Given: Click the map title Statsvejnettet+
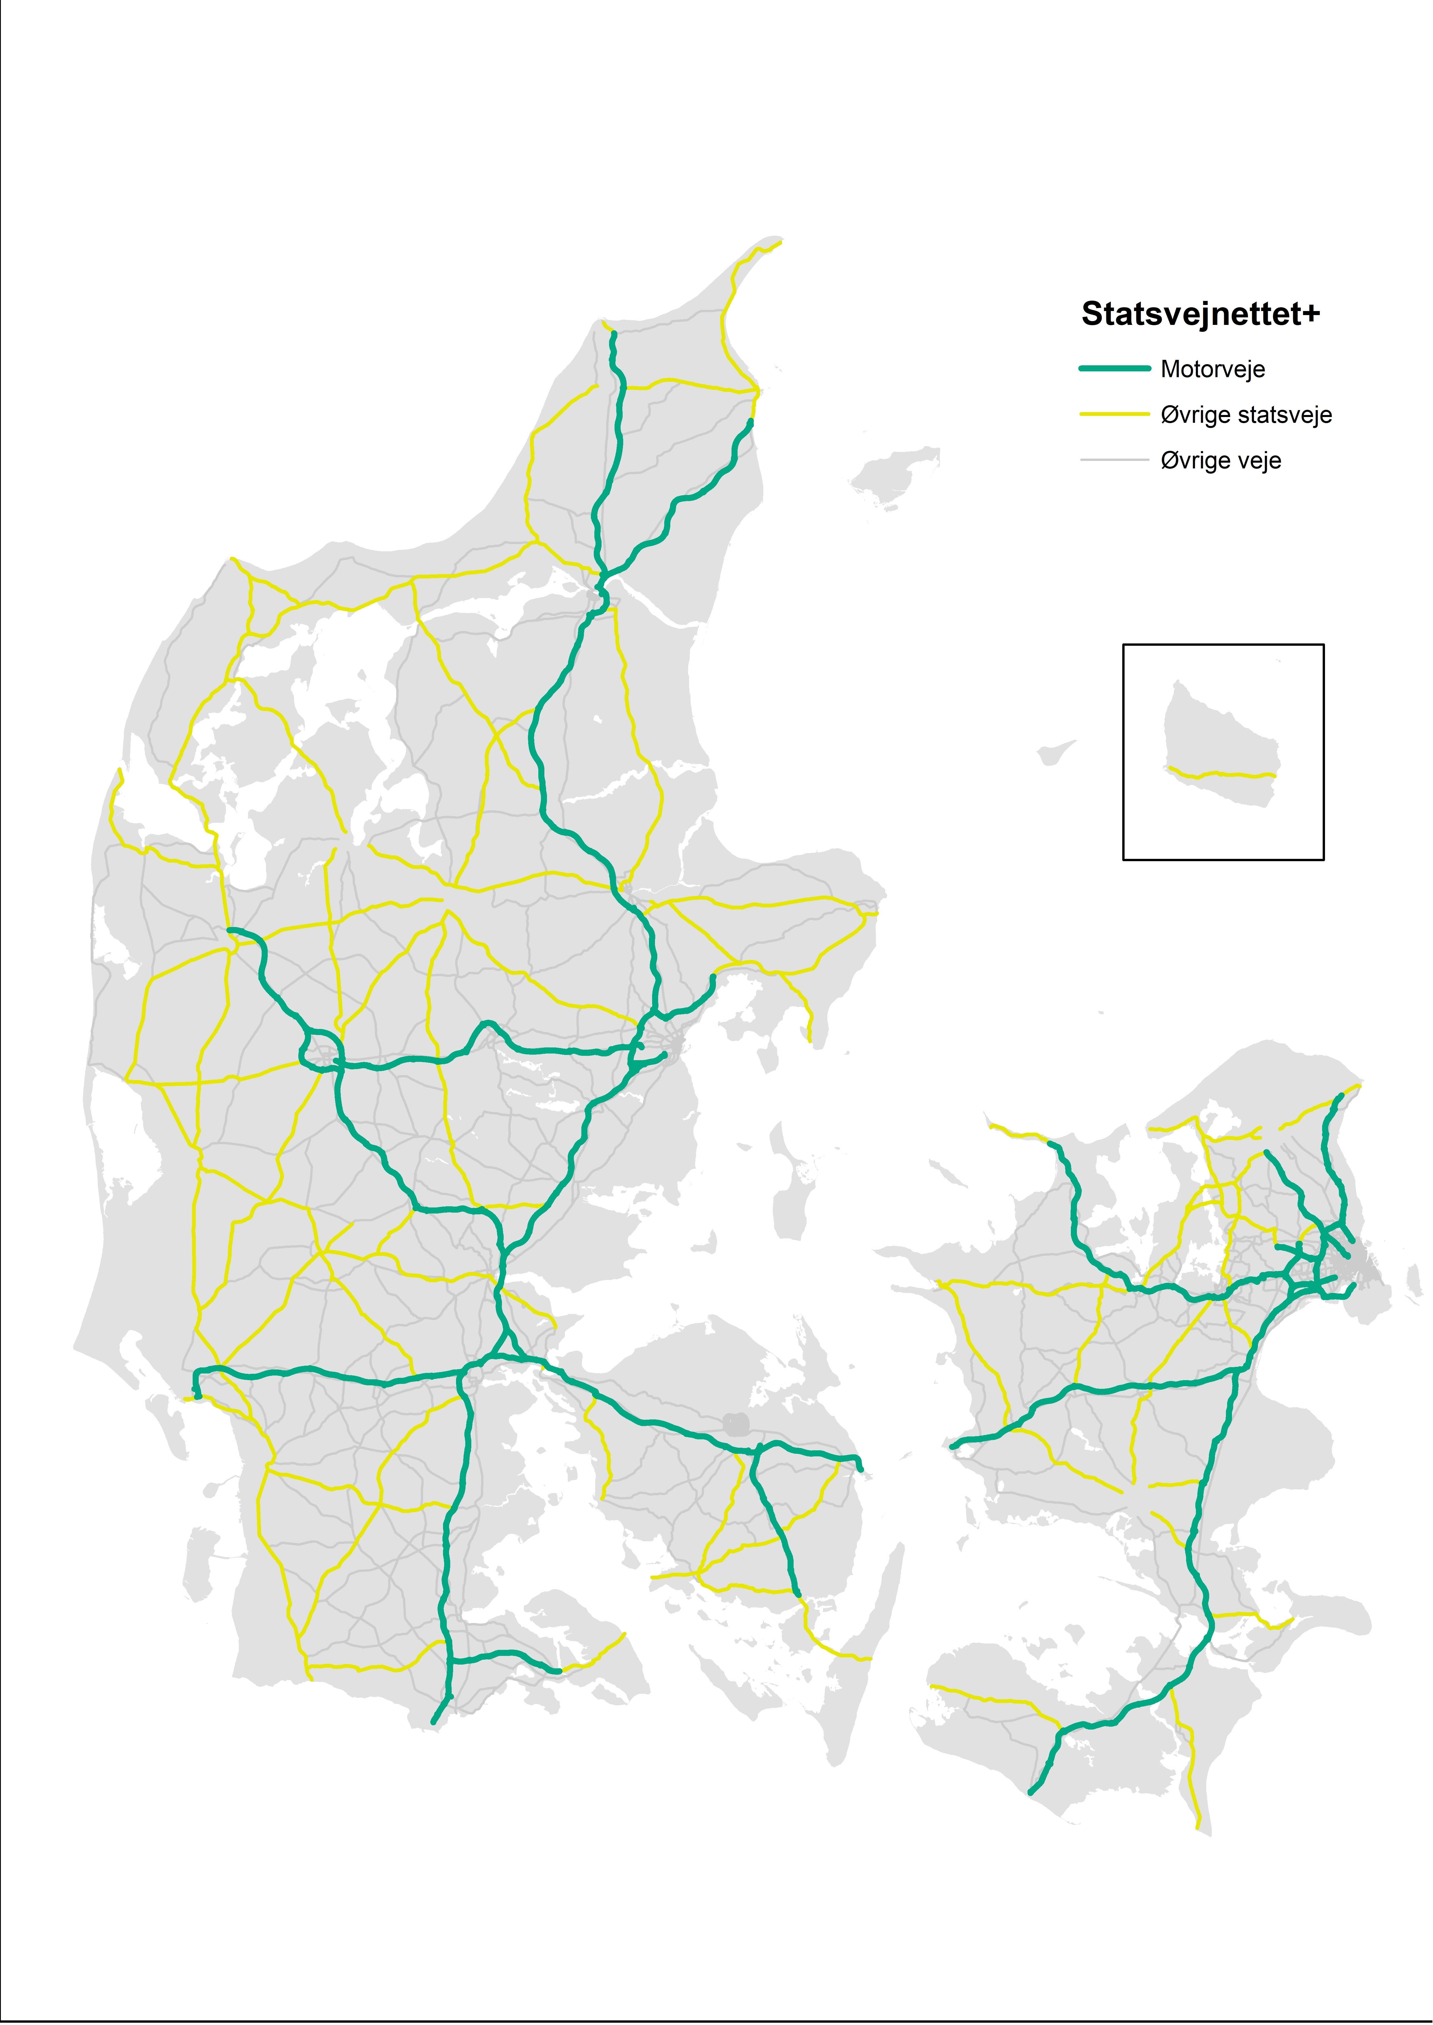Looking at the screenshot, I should (1200, 314).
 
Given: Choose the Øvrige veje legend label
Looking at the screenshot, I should (1220, 461).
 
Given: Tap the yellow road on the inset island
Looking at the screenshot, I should (1222, 775).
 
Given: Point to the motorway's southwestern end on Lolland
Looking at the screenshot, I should (1031, 1793).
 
